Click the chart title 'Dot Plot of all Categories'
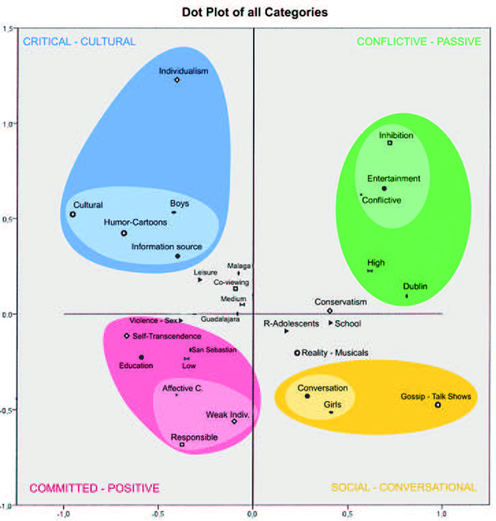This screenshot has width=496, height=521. (248, 12)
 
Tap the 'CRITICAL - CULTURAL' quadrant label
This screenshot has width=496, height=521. (79, 41)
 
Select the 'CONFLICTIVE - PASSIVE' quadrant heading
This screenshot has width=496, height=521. (416, 41)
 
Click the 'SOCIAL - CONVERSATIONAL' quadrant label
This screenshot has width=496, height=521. (403, 488)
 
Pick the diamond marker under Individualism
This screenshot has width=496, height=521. (178, 80)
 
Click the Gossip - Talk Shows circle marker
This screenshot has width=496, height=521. (438, 404)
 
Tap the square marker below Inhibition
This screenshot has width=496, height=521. (390, 143)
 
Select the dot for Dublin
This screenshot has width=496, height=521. (407, 296)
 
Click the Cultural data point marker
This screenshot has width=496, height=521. (73, 214)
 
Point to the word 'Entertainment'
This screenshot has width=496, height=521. (394, 179)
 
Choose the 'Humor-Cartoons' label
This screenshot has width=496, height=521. (135, 222)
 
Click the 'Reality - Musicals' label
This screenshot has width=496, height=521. (335, 353)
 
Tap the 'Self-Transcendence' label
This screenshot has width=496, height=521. (167, 336)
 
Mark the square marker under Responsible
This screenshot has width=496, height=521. (183, 445)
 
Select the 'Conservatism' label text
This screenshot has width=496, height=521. (340, 302)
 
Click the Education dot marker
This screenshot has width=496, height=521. (141, 357)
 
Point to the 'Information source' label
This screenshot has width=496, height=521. (166, 246)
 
